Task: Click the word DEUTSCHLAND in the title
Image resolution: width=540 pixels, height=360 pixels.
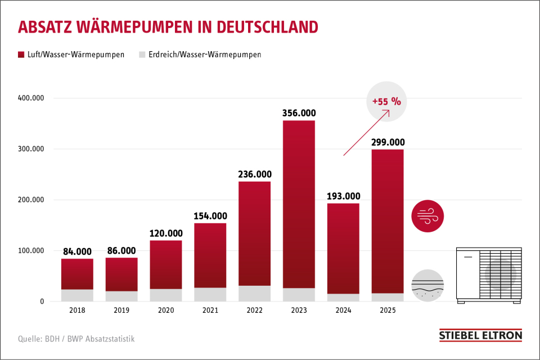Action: coord(267,27)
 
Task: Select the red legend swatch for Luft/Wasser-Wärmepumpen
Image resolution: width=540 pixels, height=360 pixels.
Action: coord(21,55)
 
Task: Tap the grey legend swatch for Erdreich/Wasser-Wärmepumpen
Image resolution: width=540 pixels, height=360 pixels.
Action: coord(142,55)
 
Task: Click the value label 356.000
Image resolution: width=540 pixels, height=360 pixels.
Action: coord(299,113)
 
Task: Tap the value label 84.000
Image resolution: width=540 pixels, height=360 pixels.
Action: coord(77,251)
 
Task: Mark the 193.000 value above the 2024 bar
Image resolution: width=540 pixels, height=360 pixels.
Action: coord(343,196)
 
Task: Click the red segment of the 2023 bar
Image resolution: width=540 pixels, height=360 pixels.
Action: coord(299,202)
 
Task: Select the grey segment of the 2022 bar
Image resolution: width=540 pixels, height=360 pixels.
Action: coord(254,293)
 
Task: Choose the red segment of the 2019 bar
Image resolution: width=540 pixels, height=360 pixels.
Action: coord(121,274)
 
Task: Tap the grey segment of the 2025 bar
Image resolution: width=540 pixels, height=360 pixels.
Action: coord(388,297)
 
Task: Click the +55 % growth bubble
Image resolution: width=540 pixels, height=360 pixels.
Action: coord(386,102)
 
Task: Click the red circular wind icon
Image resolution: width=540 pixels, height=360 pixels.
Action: coord(427,215)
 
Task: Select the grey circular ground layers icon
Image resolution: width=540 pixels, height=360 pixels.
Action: coord(427,286)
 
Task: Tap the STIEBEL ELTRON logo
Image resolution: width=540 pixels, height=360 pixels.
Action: coord(480,336)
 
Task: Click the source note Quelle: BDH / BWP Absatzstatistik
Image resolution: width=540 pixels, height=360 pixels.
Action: coord(76,339)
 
